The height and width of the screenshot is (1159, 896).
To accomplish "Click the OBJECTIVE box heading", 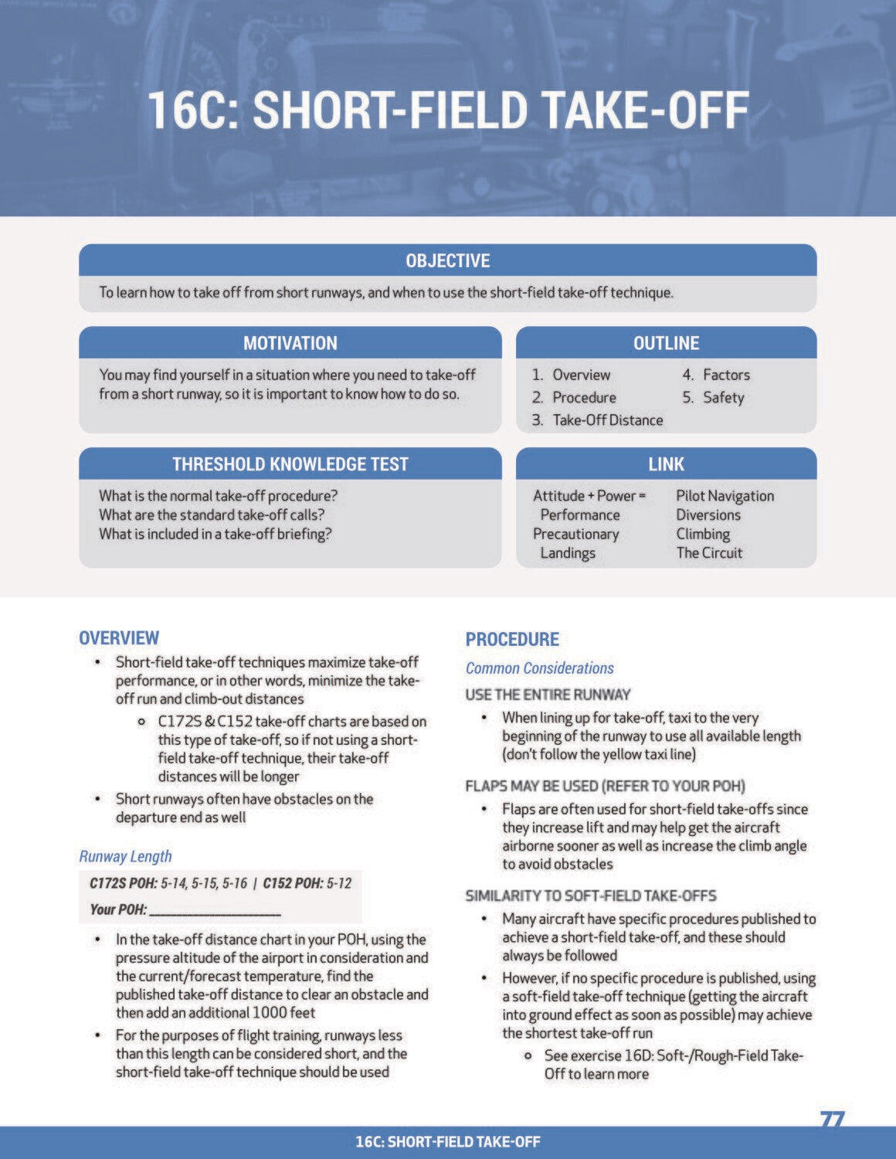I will [447, 260].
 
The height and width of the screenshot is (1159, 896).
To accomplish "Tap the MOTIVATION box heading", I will [290, 343].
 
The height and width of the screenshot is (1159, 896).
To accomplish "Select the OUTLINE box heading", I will [666, 343].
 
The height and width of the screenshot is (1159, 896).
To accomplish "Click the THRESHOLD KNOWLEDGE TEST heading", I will [290, 464].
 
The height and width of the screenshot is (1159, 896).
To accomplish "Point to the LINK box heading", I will [666, 464].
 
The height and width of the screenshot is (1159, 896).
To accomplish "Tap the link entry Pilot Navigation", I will [725, 496].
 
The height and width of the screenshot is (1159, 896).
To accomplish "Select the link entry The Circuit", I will [709, 553].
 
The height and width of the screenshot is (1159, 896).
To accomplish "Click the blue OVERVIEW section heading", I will [119, 638].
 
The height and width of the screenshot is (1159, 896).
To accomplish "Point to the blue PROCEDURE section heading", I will [512, 640].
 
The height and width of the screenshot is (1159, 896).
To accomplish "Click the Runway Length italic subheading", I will [125, 856].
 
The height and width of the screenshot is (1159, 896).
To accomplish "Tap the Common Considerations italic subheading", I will [539, 668].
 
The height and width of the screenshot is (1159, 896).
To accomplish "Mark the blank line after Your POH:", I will [215, 910].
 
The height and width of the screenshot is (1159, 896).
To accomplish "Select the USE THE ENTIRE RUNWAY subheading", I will [548, 695].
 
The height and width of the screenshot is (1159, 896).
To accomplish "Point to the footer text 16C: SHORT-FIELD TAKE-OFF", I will [447, 1142].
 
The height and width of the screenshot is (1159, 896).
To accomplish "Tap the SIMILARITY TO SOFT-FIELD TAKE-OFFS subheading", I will [590, 896].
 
